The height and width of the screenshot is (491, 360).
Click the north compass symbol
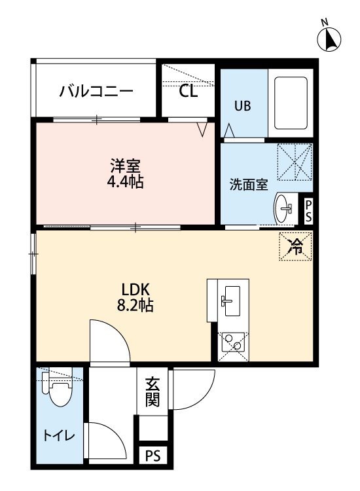(x=329, y=39)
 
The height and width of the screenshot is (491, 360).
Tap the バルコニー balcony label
(x=96, y=91)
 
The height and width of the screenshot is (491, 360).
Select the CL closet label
(x=188, y=91)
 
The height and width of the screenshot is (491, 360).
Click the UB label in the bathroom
(x=243, y=106)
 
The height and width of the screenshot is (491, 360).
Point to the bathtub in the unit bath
(x=291, y=103)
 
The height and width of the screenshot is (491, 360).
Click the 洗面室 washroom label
(x=249, y=185)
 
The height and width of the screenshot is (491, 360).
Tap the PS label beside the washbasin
(x=308, y=211)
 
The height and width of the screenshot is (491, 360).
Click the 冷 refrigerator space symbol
(x=295, y=246)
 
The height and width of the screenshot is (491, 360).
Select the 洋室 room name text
(x=126, y=166)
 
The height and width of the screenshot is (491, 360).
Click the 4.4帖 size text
(x=125, y=181)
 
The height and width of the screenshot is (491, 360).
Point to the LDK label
(x=135, y=290)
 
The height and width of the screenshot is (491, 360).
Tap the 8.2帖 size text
(x=135, y=304)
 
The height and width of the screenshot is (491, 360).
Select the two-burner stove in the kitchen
(x=233, y=342)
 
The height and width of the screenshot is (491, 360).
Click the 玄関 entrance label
(x=153, y=391)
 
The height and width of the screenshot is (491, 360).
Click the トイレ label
(x=59, y=435)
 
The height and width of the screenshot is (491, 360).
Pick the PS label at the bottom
(x=153, y=455)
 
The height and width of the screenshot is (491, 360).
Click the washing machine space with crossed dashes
(x=295, y=162)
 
